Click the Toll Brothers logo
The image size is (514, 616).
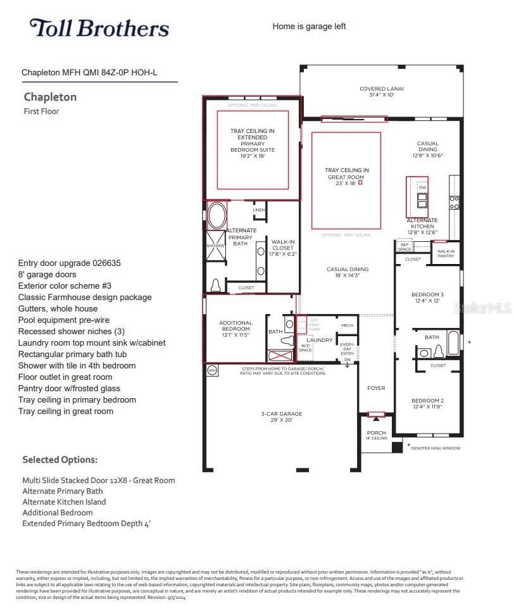tap(99, 28)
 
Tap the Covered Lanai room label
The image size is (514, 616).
tap(382, 92)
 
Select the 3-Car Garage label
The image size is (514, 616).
tap(282, 417)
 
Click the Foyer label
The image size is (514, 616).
tap(376, 388)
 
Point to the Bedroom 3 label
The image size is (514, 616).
tap(428, 298)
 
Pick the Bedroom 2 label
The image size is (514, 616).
tap(428, 404)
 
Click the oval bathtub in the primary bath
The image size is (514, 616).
tap(216, 216)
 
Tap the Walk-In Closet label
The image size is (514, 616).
tap(283, 248)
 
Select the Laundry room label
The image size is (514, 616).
tap(320, 340)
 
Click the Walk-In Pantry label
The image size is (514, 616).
tap(446, 253)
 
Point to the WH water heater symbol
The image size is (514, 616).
tap(212, 370)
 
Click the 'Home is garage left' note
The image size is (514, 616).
tap(309, 26)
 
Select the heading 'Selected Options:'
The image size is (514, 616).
tap(60, 460)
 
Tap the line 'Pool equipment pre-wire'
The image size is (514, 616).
tap(63, 320)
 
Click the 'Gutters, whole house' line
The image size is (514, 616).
tap(58, 309)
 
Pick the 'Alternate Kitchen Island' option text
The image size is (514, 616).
tap(64, 502)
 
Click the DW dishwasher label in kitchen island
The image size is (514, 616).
tap(422, 188)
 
